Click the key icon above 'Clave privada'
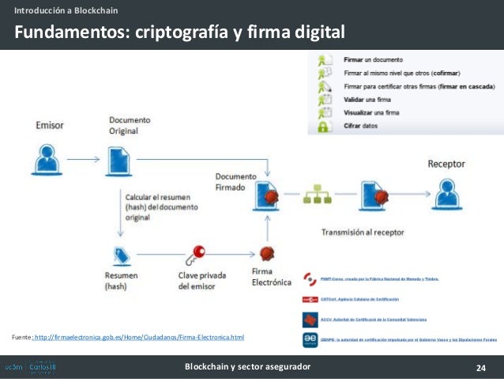[x=194, y=255]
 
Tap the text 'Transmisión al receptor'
[x=363, y=233]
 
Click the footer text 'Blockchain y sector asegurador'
[x=247, y=367]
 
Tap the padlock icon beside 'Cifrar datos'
[x=323, y=126]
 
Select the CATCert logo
[x=310, y=299]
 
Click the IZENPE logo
[x=310, y=339]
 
